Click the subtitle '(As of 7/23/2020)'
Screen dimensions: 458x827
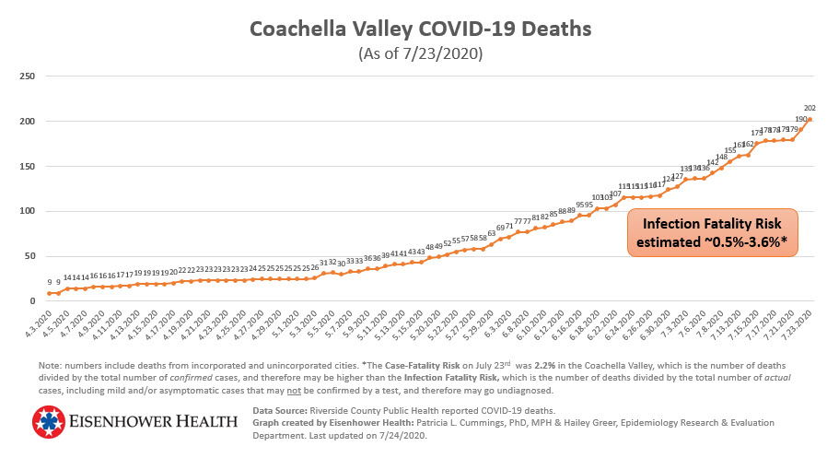click(x=420, y=53)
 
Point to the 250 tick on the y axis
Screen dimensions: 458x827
click(x=29, y=76)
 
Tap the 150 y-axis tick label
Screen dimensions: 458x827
click(x=29, y=166)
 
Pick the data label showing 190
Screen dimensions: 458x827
click(x=801, y=119)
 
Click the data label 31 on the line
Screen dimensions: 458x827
click(x=324, y=262)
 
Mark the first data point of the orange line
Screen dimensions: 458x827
click(x=49, y=293)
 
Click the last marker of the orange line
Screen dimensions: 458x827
click(x=810, y=120)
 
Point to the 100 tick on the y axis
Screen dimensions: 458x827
click(x=29, y=211)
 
